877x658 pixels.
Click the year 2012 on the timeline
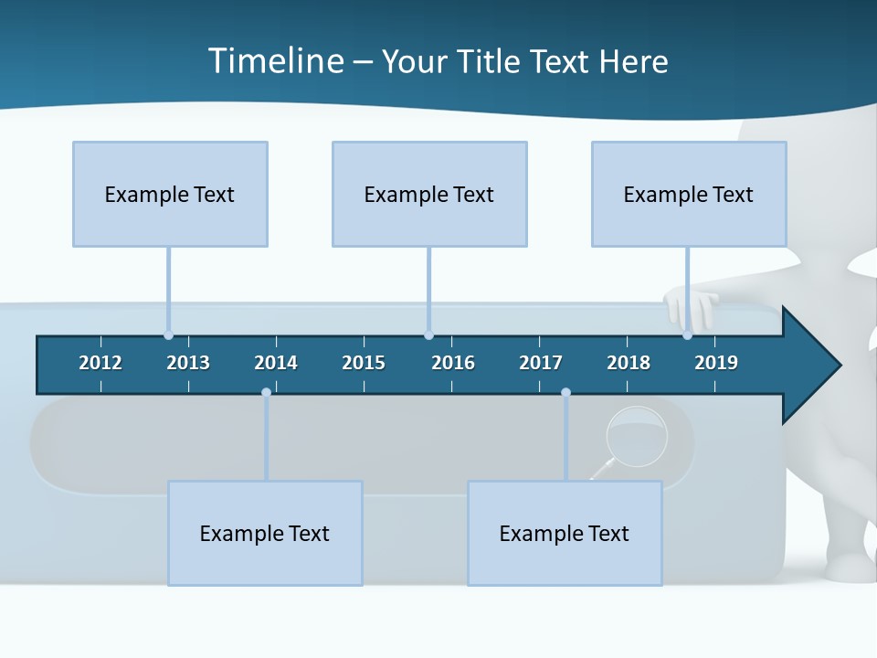coord(100,363)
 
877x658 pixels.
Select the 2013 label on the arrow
coord(188,363)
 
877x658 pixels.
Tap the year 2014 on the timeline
coord(276,363)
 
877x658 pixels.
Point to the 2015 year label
coord(364,363)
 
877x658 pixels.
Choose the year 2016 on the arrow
coord(453,363)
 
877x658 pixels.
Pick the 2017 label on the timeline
coord(541,363)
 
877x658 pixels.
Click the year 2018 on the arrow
coord(629,363)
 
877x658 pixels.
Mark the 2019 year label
coord(716,363)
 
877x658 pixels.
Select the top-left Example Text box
coord(170,195)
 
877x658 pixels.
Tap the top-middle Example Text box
coord(429,195)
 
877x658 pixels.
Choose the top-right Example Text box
coord(689,195)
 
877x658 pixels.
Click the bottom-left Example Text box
coord(265,534)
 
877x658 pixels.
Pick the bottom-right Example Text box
coord(565,534)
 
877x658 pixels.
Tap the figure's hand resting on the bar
coord(691,305)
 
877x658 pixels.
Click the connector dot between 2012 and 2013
coord(168,335)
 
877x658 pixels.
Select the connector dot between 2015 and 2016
coord(428,335)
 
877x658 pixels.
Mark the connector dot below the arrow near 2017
coord(565,392)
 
